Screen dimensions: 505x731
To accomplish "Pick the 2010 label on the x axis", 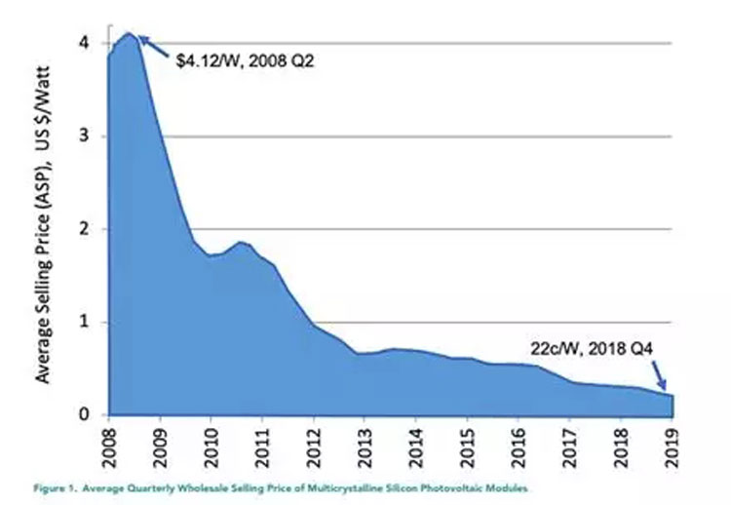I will tap(211, 445).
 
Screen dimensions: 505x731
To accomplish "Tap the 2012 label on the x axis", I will tap(313, 445).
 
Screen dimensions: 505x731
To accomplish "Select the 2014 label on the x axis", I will tap(416, 445).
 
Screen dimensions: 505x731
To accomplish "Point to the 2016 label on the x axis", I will tap(519, 445).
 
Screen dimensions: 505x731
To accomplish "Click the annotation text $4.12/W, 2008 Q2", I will tap(247, 59).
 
